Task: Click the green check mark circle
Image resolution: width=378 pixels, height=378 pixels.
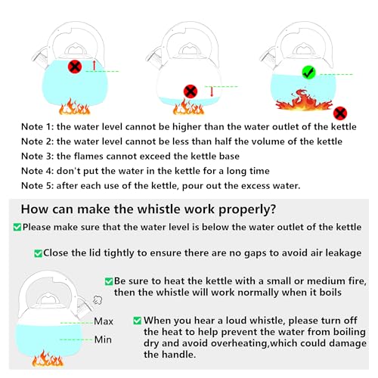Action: pyautogui.click(x=308, y=73)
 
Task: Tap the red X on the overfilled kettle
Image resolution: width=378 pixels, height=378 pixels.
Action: pyautogui.click(x=75, y=67)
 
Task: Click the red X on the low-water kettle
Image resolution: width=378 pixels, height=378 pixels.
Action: pyautogui.click(x=191, y=91)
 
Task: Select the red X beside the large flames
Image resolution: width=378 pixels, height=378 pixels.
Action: pyautogui.click(x=340, y=113)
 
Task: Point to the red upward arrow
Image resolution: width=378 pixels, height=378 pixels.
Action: pyautogui.click(x=94, y=65)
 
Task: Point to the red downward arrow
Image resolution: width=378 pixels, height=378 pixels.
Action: pyautogui.click(x=212, y=91)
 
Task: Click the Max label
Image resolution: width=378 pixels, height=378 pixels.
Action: pyautogui.click(x=104, y=321)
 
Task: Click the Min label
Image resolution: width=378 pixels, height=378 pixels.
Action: pyautogui.click(x=103, y=339)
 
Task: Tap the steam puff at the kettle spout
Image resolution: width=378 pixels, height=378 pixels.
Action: pyautogui.click(x=98, y=300)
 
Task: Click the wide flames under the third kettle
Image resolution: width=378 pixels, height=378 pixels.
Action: pyautogui.click(x=304, y=101)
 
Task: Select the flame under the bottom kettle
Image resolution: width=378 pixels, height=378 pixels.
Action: pyautogui.click(x=48, y=358)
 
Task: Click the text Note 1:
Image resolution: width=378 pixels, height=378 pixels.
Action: pyautogui.click(x=38, y=126)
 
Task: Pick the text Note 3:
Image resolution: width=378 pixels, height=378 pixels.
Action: pyautogui.click(x=38, y=156)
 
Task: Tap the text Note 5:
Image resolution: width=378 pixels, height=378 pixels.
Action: pyautogui.click(x=38, y=186)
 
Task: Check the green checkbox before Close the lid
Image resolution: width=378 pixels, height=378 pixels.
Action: pyautogui.click(x=38, y=253)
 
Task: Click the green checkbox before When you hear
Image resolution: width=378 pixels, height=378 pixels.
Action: pyautogui.click(x=137, y=321)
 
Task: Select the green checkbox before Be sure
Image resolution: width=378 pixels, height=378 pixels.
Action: pyautogui.click(x=109, y=281)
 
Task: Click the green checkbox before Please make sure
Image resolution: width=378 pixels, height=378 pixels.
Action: pyautogui.click(x=17, y=227)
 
